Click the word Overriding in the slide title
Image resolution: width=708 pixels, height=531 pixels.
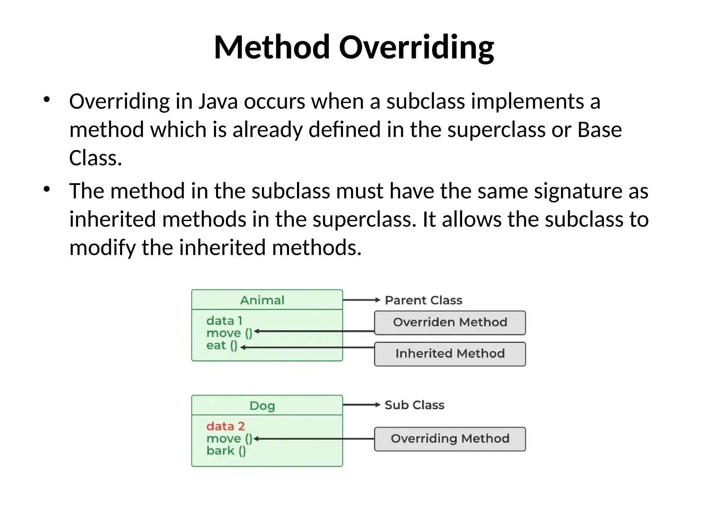(416, 47)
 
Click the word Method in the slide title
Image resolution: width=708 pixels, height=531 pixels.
(272, 47)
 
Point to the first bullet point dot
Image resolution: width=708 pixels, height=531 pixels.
(47, 100)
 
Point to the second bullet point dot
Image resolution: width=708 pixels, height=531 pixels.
(47, 189)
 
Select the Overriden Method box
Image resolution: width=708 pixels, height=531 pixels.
(450, 323)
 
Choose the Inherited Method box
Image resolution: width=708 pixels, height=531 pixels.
(450, 354)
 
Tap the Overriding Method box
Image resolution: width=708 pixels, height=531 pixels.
(450, 439)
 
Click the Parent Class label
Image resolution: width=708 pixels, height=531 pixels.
(423, 300)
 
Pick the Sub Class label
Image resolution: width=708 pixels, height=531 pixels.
(414, 405)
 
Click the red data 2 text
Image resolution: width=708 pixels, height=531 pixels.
(225, 426)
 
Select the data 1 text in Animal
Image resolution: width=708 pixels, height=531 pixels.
(224, 321)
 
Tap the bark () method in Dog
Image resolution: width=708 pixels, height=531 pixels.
(226, 451)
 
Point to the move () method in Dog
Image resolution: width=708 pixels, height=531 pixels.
(229, 439)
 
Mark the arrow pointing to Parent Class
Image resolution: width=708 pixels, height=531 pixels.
(361, 300)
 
